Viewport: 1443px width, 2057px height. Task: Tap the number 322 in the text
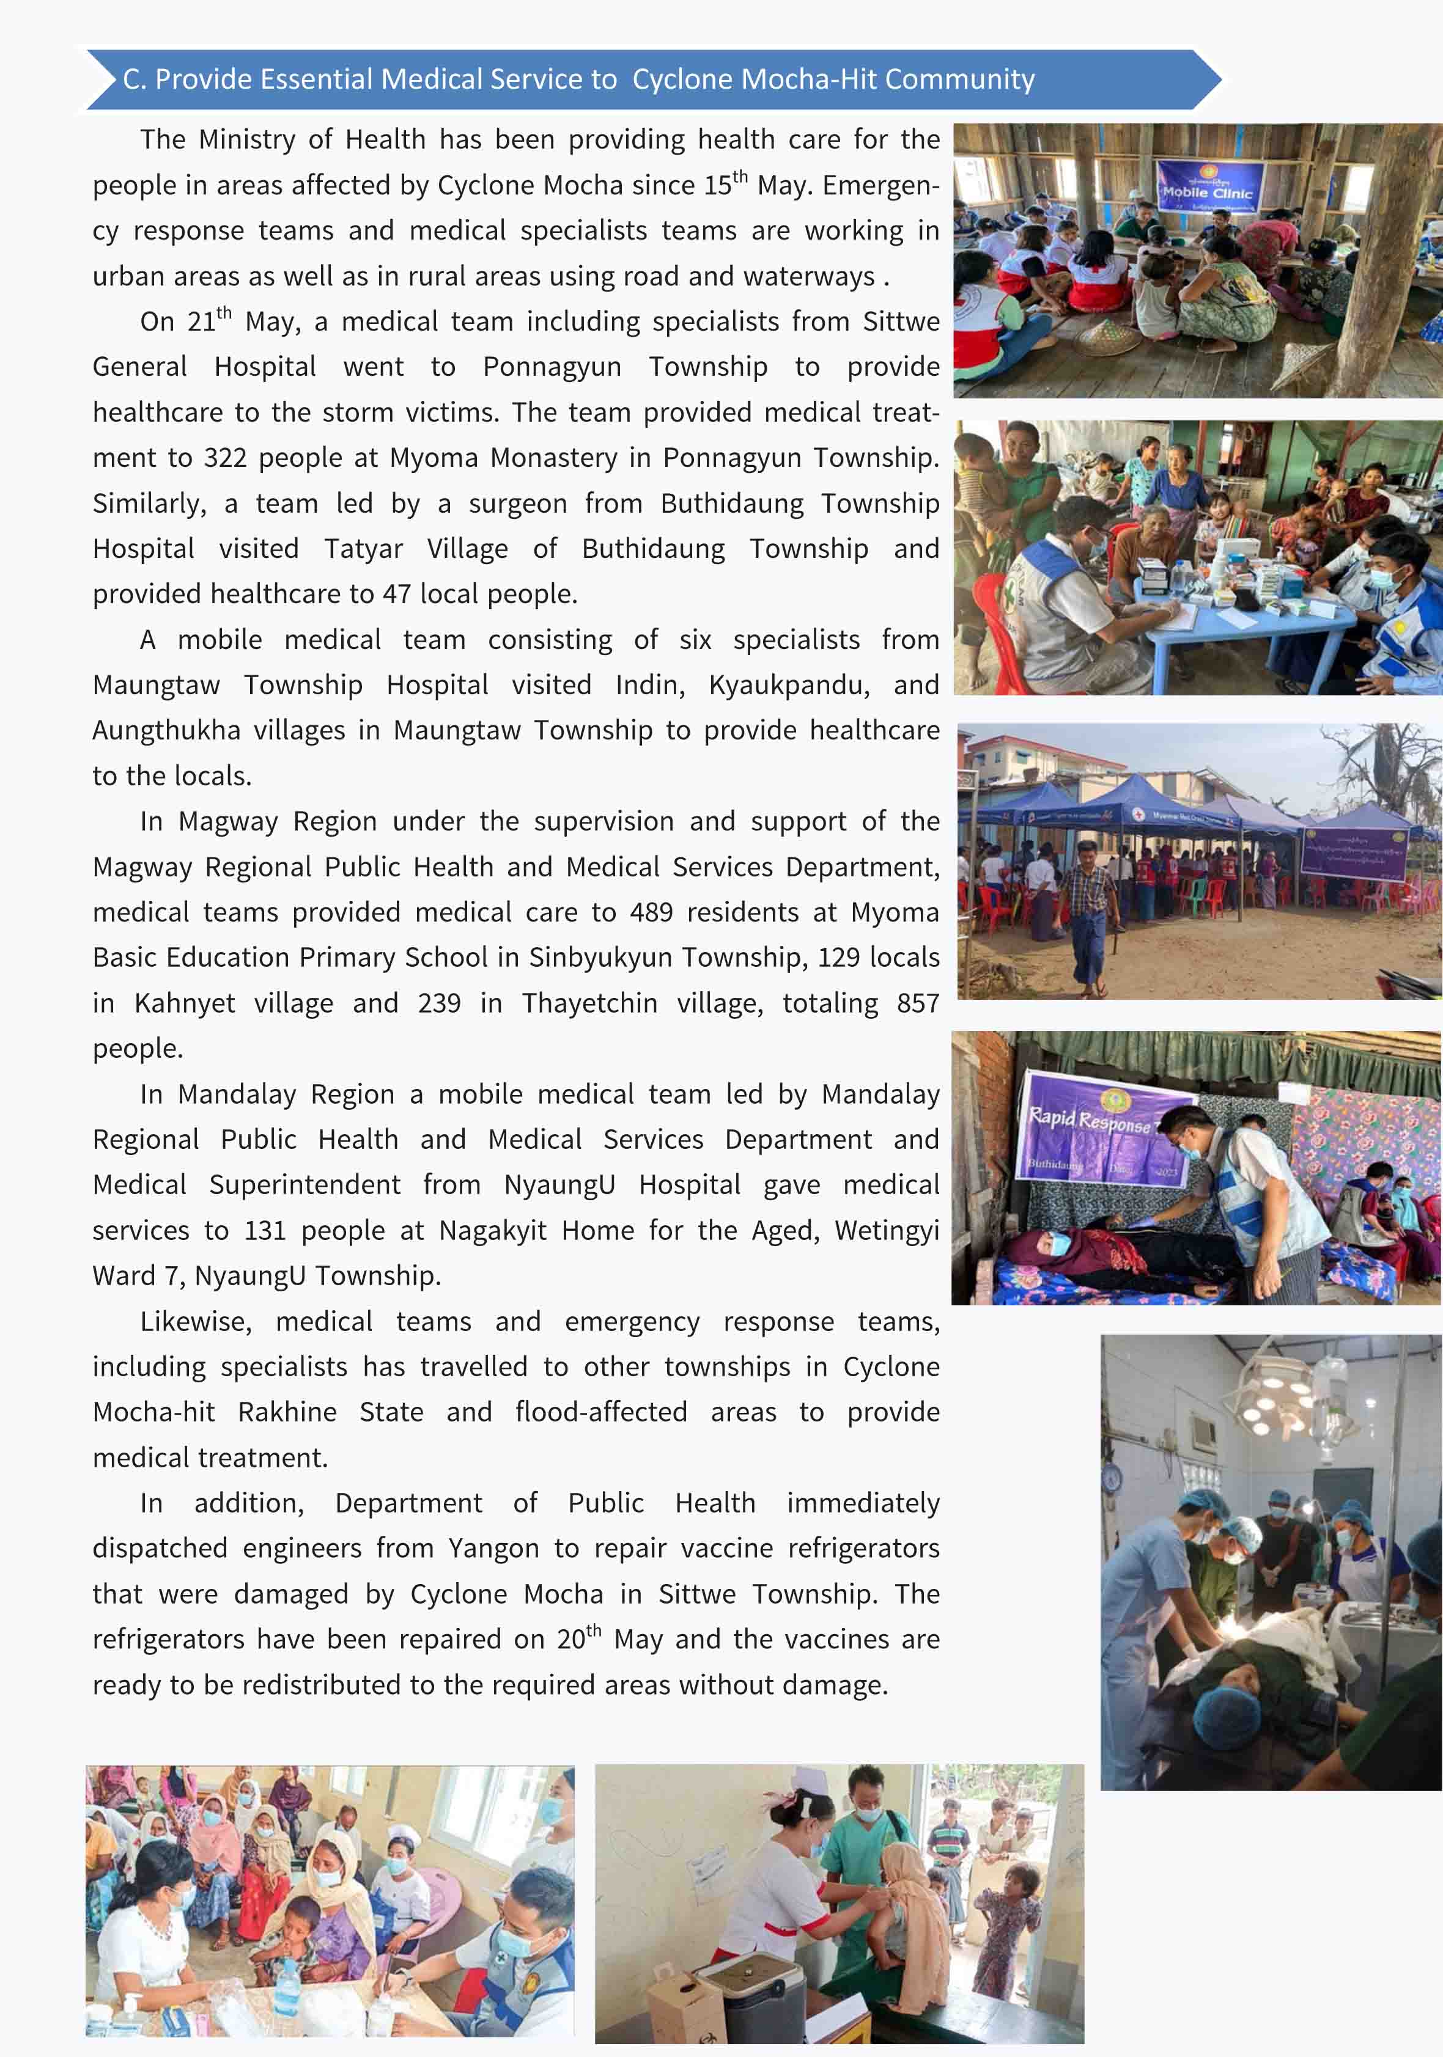tap(225, 458)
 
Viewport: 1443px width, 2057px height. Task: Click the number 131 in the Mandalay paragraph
tap(264, 1230)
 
